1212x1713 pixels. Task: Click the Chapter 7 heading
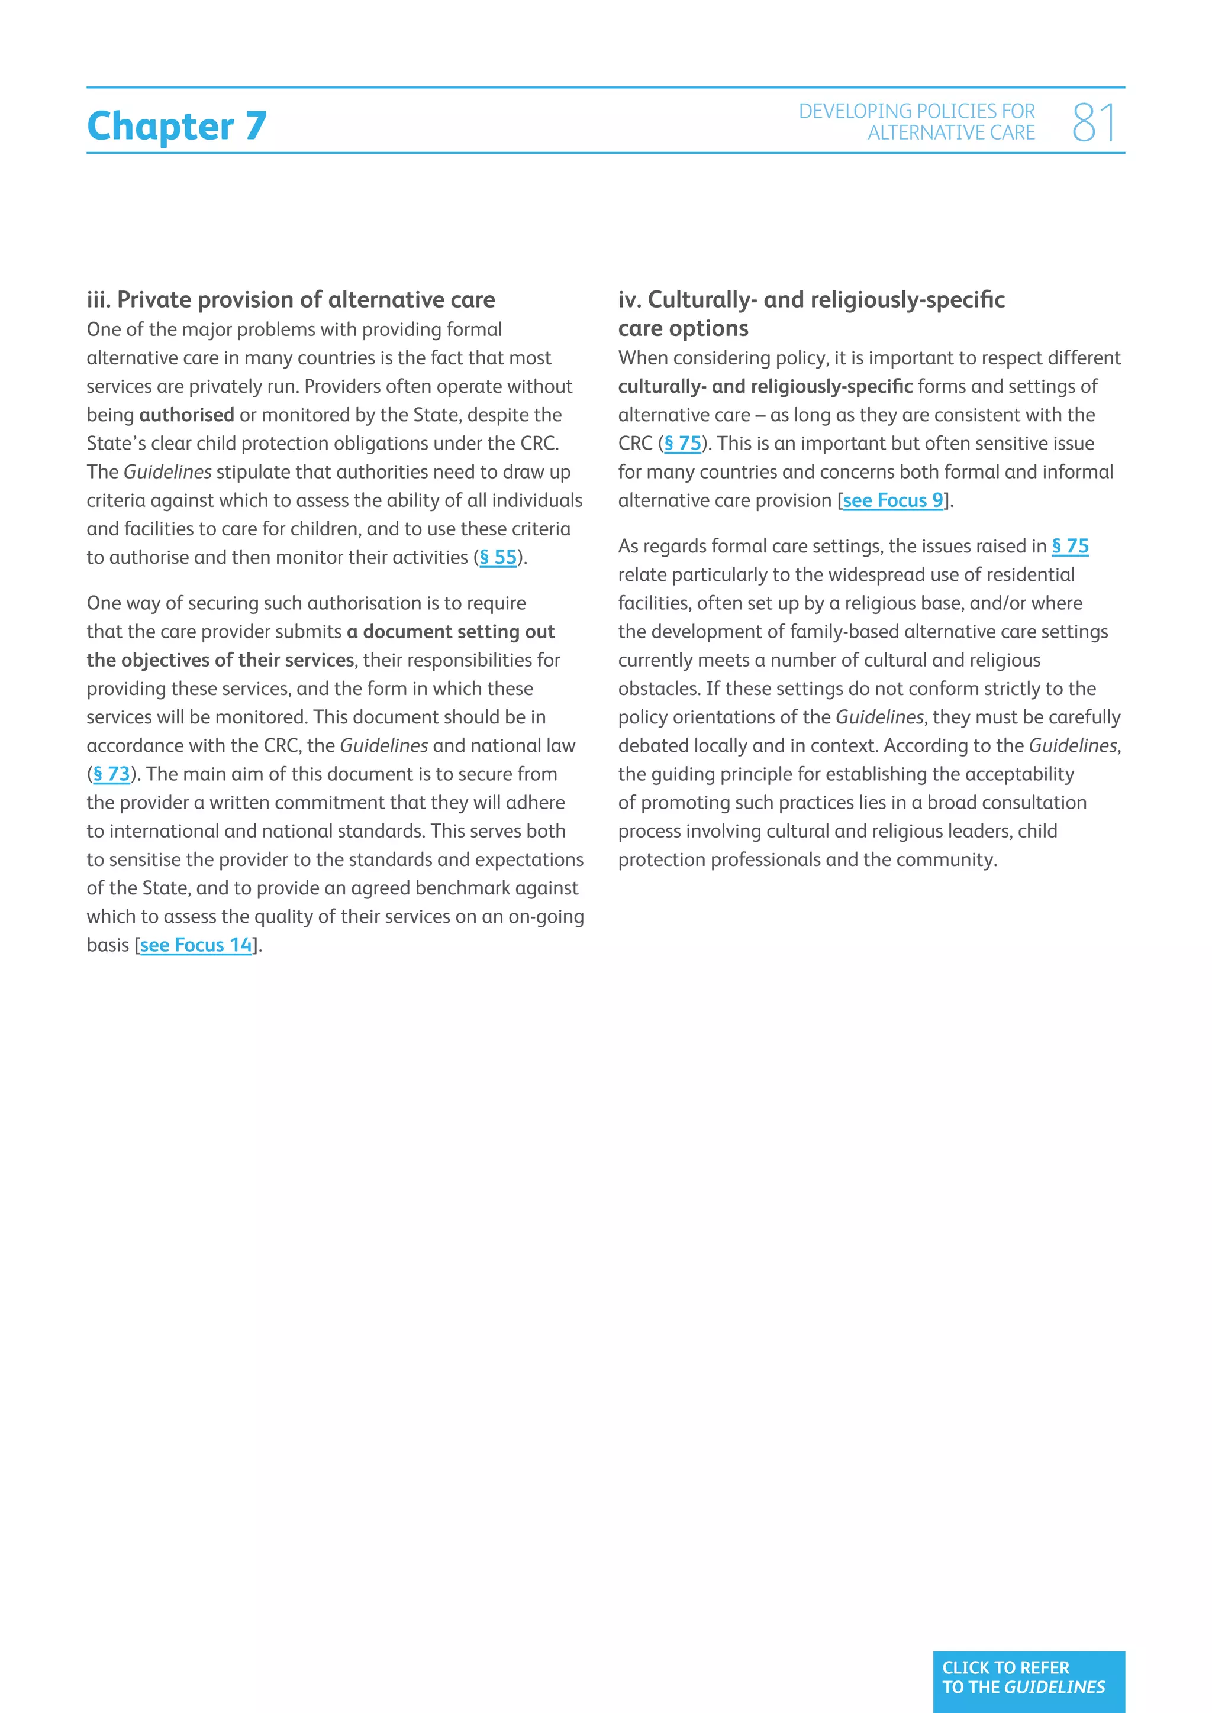pos(177,125)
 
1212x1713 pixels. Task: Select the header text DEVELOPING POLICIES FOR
pos(917,111)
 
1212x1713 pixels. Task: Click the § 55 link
pos(498,557)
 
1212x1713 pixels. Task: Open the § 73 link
pos(111,774)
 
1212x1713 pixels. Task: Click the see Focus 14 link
pos(195,945)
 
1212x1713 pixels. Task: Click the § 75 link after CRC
pos(682,443)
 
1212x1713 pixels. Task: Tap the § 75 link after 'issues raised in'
pos(1069,546)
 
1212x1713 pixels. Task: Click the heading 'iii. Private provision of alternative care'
pos(291,300)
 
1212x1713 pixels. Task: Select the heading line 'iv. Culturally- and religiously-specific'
pos(811,300)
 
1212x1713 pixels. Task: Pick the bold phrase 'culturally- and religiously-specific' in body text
pos(765,386)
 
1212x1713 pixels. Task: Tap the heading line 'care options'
pos(683,328)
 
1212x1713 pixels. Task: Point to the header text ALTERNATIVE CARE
pos(951,133)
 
